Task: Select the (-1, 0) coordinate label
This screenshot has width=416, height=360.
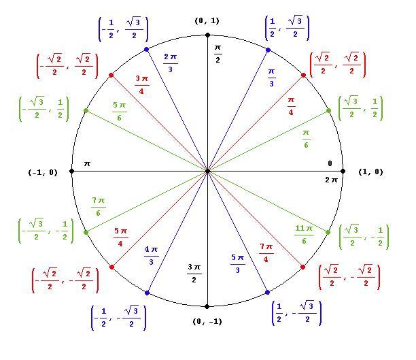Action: point(43,172)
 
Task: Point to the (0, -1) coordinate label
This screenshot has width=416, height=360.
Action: point(207,321)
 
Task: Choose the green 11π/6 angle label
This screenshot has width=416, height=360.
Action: point(304,235)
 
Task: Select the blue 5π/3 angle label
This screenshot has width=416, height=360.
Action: point(237,263)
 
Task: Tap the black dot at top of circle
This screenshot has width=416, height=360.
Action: point(207,35)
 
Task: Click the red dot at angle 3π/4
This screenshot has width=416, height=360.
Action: point(111,75)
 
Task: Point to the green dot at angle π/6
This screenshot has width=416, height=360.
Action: point(329,110)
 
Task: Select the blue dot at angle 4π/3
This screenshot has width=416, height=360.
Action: point(147,293)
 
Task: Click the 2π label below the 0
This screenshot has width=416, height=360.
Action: point(331,180)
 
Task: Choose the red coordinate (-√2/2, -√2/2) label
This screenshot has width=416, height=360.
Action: point(65,280)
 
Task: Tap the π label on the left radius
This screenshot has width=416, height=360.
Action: point(87,163)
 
